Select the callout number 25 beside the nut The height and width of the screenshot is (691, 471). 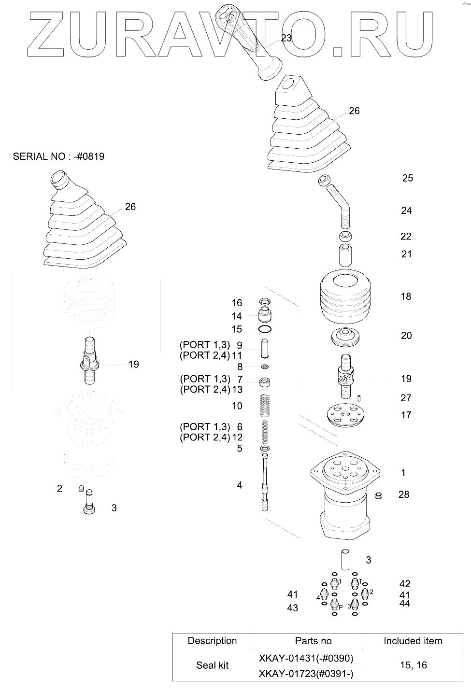pyautogui.click(x=407, y=178)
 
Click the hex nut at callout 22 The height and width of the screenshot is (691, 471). pyautogui.click(x=346, y=236)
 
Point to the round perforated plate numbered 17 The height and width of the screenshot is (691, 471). pyautogui.click(x=345, y=416)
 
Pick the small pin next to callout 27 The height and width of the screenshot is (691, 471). pyautogui.click(x=359, y=398)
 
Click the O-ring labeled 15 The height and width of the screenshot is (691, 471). pyautogui.click(x=265, y=329)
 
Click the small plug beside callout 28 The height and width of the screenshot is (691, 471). pyautogui.click(x=378, y=495)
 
